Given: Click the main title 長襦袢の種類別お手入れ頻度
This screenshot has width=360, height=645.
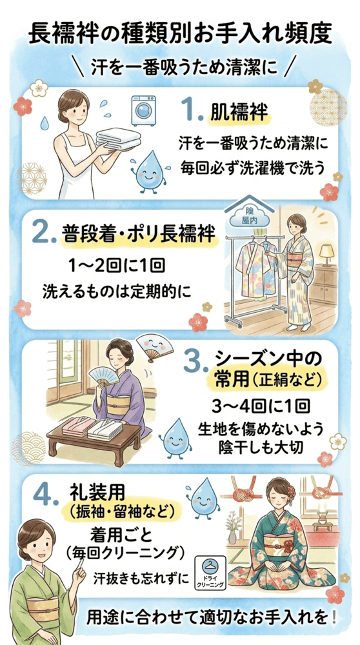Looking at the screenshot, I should (180, 34).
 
